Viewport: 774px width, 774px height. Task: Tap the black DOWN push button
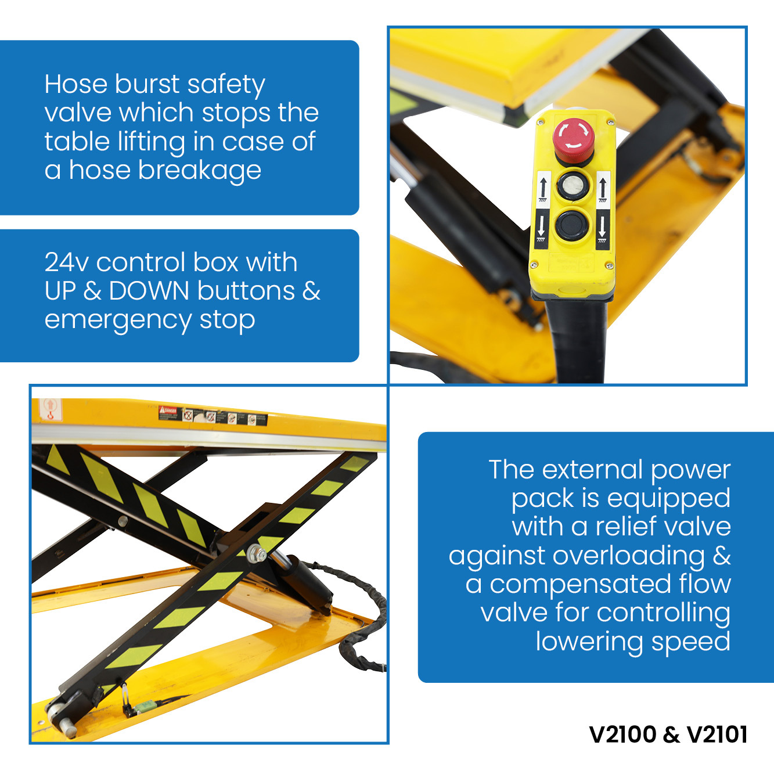572,225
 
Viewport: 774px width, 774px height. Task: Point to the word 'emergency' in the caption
118,321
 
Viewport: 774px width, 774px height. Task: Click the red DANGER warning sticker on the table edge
168,411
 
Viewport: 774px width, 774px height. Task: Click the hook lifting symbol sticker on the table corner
50,409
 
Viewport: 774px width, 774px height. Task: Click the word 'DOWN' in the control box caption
149,291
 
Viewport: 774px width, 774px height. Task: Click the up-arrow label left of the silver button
543,189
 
